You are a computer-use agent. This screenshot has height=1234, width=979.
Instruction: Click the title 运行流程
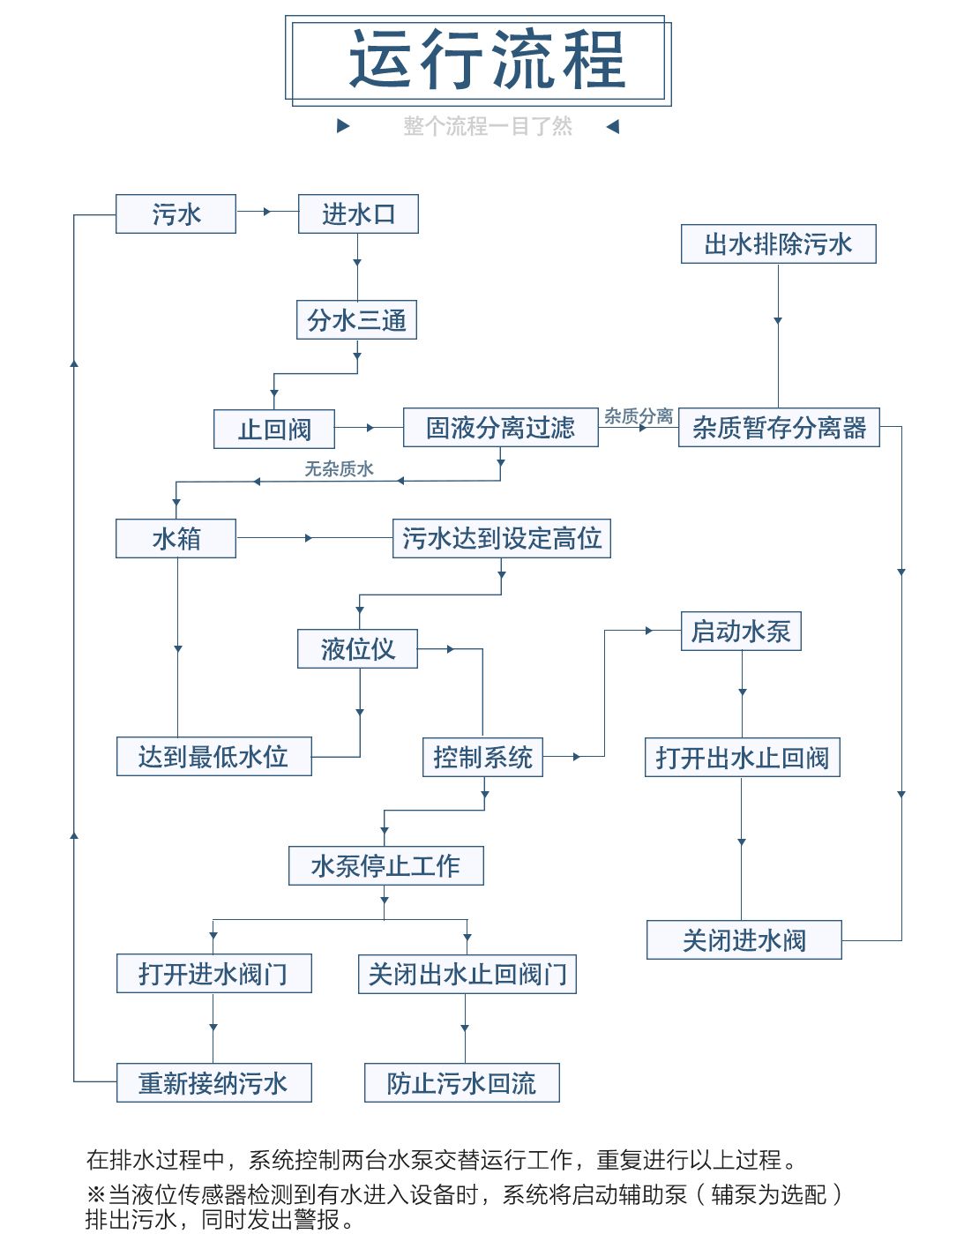coord(487,60)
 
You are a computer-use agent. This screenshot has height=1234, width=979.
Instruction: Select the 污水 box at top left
coord(176,214)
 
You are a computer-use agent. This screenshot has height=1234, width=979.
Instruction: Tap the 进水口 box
coord(358,214)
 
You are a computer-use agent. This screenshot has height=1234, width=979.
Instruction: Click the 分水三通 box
coord(356,320)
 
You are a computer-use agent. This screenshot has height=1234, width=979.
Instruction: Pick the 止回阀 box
coord(274,430)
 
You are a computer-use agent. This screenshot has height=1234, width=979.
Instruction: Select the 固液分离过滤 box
coord(500,428)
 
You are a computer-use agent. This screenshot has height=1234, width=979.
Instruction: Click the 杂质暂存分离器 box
coord(779,428)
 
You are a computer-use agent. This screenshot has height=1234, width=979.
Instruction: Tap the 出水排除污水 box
coord(778,244)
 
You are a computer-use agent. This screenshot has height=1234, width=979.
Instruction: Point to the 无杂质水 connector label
coord(339,469)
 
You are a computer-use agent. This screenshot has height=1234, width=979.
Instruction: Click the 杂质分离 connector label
coord(638,416)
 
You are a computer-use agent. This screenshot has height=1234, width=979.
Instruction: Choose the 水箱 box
coord(176,538)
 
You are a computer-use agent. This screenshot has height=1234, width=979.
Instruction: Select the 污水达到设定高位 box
coord(501,538)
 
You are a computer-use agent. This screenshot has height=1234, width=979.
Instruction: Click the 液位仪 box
coord(357,649)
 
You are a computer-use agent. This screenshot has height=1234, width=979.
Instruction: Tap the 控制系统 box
coord(482,758)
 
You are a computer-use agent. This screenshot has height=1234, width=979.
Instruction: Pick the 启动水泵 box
coord(741,632)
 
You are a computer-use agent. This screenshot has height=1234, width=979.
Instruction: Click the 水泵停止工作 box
coord(385,866)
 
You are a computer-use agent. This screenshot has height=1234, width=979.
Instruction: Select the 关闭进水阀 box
coord(744,940)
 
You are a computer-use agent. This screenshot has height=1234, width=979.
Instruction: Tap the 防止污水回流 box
coord(461,1083)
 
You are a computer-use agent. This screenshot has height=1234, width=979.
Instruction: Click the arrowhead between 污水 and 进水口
coord(266,212)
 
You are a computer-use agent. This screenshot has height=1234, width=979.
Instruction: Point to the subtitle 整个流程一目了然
coord(487,126)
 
